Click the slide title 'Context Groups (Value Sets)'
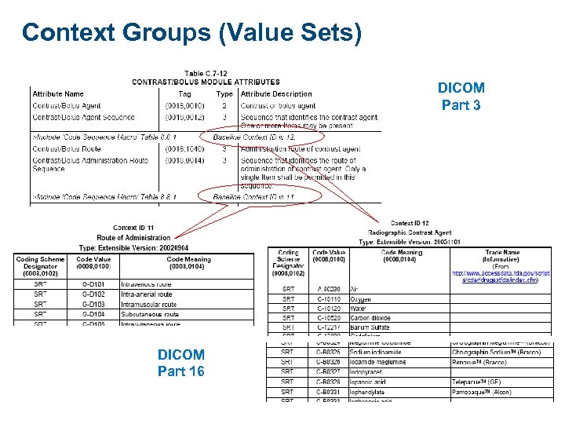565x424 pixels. click(x=191, y=32)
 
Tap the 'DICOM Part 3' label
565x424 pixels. click(x=461, y=96)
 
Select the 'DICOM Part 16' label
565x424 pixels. click(x=180, y=363)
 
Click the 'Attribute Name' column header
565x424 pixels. click(x=58, y=94)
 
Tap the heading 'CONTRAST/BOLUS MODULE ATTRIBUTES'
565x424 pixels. click(x=206, y=82)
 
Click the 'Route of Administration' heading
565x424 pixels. click(x=133, y=237)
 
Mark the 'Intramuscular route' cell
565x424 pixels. click(x=148, y=304)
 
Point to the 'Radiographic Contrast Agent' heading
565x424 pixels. click(x=410, y=232)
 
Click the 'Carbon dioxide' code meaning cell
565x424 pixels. click(x=370, y=318)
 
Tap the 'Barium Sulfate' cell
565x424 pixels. click(x=370, y=327)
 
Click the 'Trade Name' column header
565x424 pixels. click(x=501, y=253)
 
